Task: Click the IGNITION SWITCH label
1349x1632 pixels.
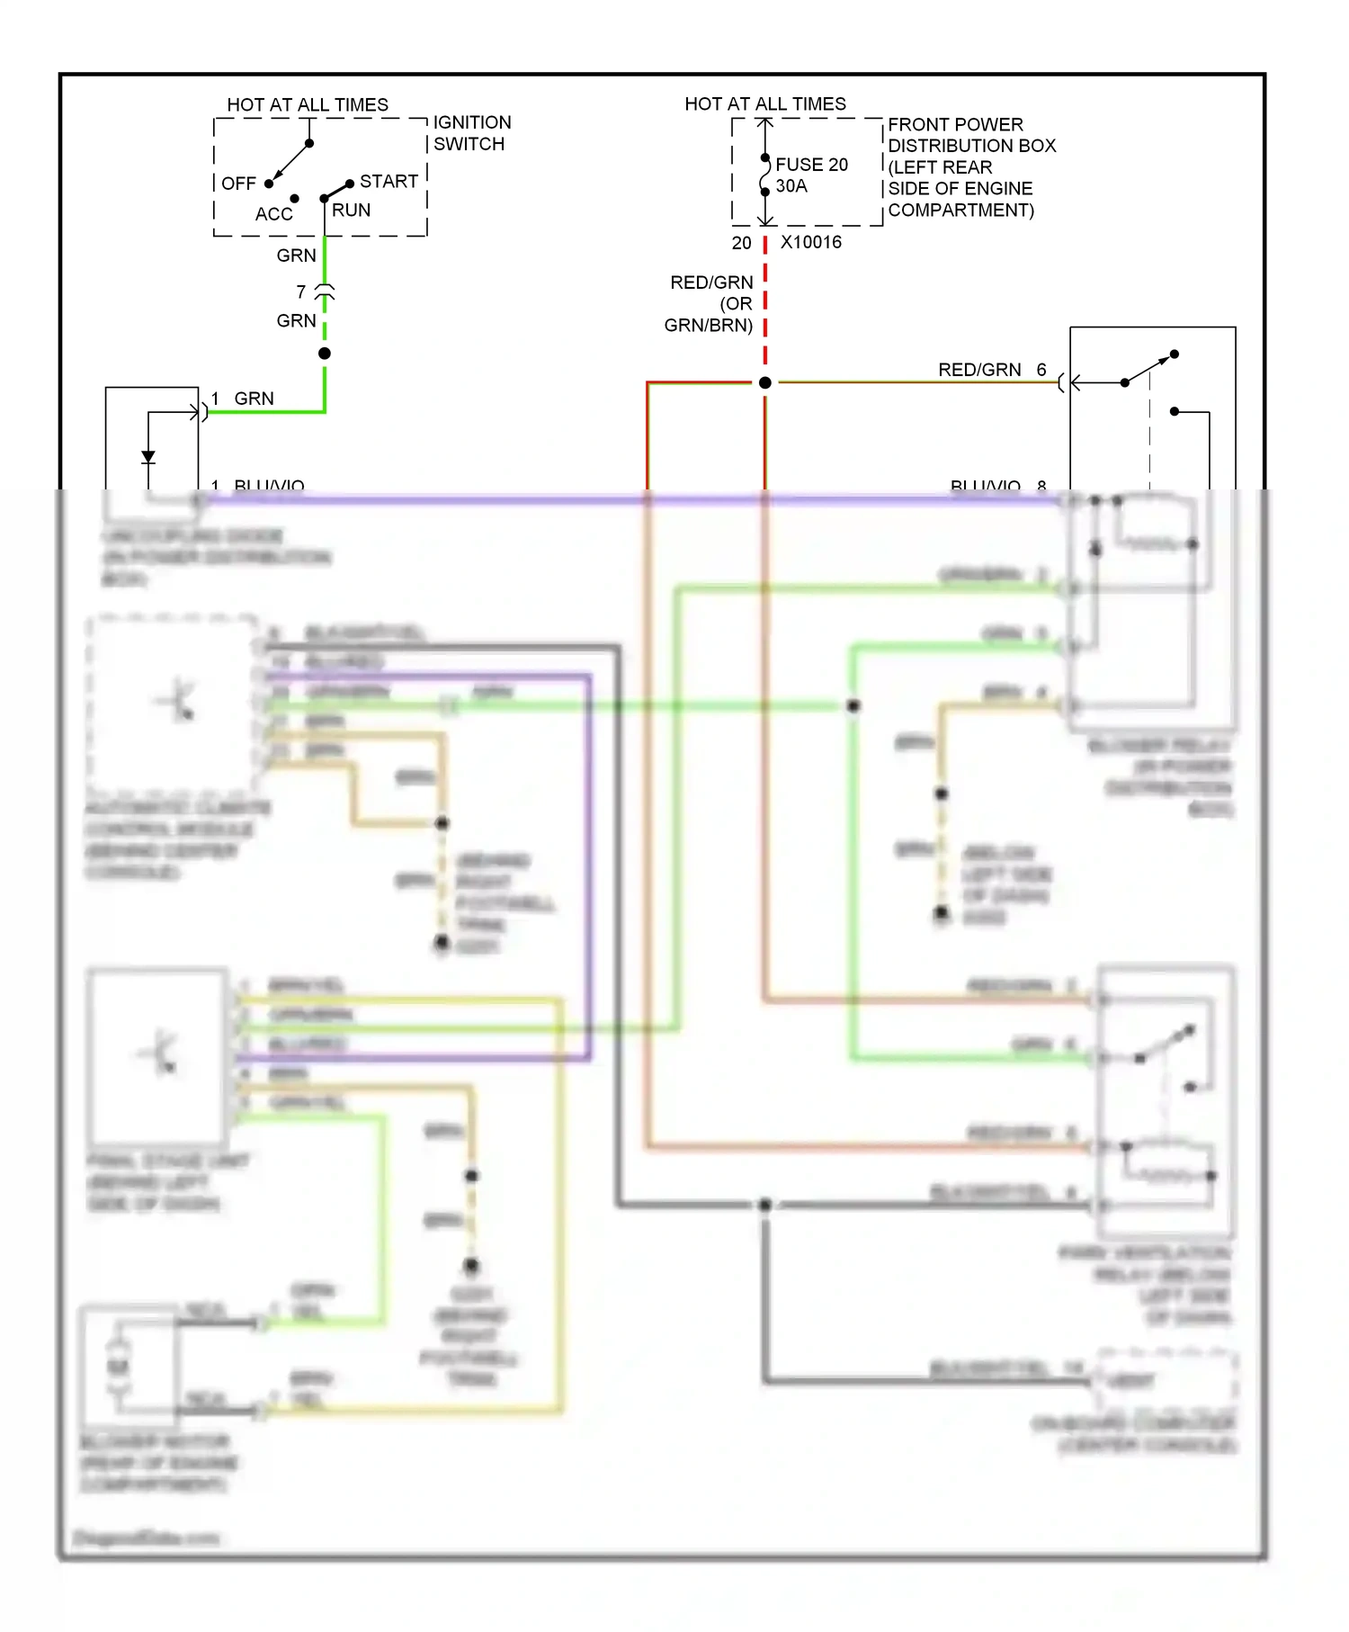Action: [x=471, y=133]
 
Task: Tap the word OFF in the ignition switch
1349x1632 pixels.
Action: [x=238, y=184]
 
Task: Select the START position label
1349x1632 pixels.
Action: [x=389, y=182]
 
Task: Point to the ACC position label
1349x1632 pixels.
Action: [x=273, y=214]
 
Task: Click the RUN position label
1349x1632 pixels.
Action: [x=351, y=211]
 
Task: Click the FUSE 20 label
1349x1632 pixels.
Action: [x=811, y=165]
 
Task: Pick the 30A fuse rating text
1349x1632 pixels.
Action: [x=791, y=186]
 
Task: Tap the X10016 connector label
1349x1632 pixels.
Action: [x=810, y=242]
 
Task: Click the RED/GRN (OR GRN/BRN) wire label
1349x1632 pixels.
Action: [x=710, y=304]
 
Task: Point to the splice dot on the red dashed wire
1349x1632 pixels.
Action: [x=764, y=383]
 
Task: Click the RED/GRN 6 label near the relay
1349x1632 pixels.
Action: [x=990, y=370]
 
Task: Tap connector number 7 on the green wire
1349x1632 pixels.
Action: [x=301, y=291]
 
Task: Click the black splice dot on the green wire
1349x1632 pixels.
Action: [x=325, y=354]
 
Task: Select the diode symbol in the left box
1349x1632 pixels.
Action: [x=148, y=458]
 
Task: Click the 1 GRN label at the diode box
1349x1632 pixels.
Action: [x=243, y=399]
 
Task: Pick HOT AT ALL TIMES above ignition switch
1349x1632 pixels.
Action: [x=308, y=104]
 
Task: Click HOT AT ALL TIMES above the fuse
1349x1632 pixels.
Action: [x=765, y=103]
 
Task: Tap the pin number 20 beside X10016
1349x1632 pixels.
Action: [x=741, y=243]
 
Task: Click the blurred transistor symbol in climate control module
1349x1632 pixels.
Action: [x=176, y=701]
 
